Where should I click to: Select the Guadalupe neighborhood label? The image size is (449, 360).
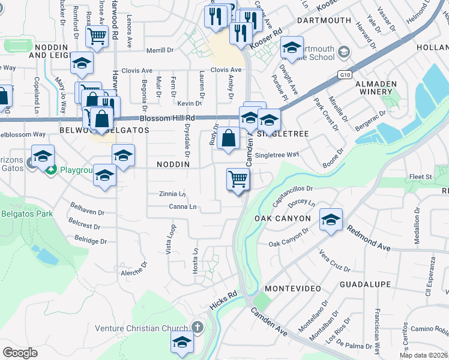coord(365,284)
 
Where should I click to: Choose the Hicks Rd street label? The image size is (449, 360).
coord(224,301)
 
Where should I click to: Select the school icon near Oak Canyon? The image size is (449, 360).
coord(331,220)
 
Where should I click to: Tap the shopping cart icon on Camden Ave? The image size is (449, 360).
coord(238,179)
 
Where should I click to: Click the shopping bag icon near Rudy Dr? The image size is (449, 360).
coord(229,139)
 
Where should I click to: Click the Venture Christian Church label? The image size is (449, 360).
coord(143,328)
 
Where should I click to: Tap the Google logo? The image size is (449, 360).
coord(20,352)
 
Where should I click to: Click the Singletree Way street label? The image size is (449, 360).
coord(277,155)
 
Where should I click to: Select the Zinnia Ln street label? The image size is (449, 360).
coord(172,194)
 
